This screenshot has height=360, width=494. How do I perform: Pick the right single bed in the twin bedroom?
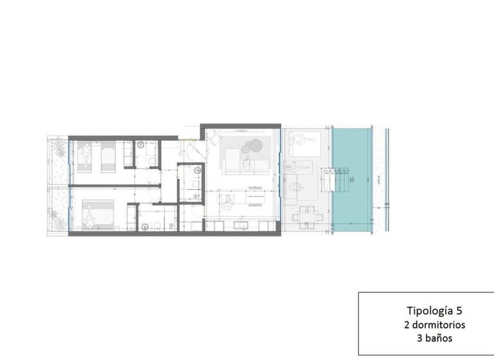click(108, 156)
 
